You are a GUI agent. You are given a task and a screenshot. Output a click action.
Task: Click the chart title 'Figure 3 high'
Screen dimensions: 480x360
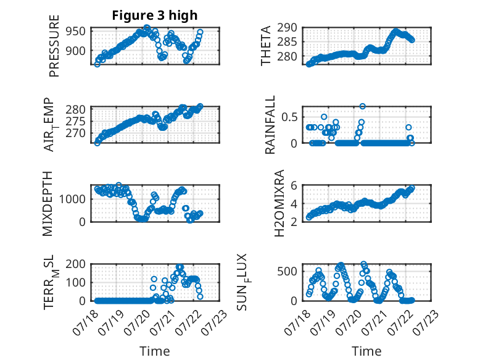pos(155,15)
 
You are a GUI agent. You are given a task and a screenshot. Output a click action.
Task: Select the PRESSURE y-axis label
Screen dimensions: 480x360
pos(54,46)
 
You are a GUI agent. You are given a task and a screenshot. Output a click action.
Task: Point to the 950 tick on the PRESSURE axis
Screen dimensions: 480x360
pos(76,31)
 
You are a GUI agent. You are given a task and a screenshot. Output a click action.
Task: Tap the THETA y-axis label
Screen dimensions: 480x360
pos(266,46)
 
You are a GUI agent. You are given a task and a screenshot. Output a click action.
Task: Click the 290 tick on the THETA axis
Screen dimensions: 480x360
pos(287,28)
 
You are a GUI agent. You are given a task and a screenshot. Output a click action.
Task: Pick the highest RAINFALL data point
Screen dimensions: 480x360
pos(362,106)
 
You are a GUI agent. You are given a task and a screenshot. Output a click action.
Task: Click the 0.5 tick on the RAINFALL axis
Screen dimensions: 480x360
pos(289,117)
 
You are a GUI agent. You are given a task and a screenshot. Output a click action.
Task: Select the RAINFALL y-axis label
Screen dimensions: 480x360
pos(270,125)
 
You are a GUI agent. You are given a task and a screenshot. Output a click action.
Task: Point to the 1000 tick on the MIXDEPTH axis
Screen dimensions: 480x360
pos(73,199)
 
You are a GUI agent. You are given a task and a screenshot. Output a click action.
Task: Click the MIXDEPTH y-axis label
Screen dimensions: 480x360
pos(48,204)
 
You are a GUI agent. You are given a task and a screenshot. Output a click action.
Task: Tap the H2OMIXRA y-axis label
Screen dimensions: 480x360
pos(279,203)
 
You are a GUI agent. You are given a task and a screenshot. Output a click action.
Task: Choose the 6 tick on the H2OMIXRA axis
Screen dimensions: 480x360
pos(294,185)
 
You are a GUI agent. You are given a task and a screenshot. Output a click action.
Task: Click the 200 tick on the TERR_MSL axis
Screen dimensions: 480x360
pos(76,264)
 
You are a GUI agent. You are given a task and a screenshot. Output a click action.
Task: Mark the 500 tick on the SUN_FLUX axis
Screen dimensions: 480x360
pos(287,271)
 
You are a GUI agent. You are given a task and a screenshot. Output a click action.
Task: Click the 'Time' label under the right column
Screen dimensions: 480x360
pos(366,351)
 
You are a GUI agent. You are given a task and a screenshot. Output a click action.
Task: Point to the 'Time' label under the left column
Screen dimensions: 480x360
pos(155,351)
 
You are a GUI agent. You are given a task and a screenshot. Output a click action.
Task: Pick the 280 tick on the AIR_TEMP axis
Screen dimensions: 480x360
pos(76,110)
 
